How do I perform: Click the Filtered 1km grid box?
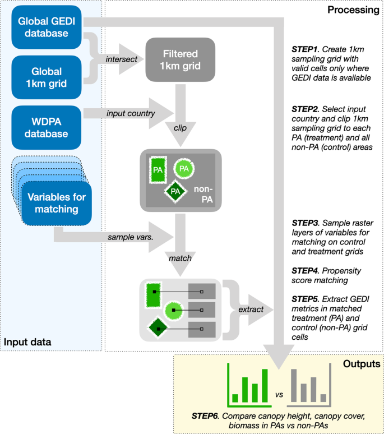point(181,60)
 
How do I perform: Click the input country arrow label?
point(130,114)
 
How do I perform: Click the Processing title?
point(353,10)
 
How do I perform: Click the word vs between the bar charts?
point(279,394)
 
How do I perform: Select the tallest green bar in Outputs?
point(264,386)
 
